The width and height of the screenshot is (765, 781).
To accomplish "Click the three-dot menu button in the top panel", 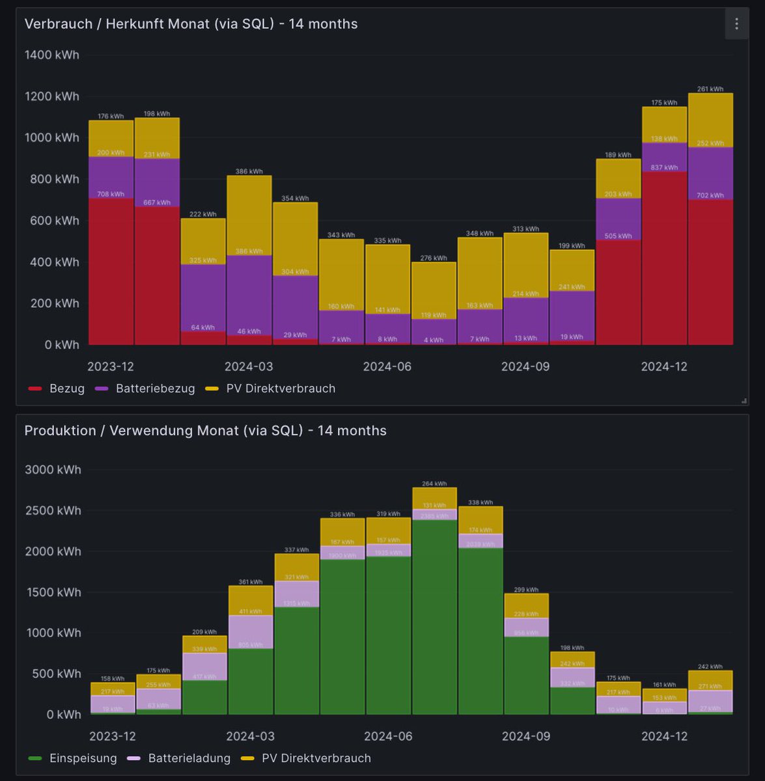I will point(736,24).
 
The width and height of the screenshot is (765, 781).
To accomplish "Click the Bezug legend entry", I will point(66,389).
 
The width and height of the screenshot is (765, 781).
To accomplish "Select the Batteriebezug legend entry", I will point(155,389).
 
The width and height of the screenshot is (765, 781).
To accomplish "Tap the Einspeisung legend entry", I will point(83,758).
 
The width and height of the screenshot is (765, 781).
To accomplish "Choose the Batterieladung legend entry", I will point(189,758).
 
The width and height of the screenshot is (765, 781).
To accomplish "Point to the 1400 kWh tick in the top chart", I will point(51,55).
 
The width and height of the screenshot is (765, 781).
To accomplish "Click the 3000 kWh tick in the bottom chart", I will point(53,469).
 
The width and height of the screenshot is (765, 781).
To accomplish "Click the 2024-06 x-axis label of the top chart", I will point(387,366).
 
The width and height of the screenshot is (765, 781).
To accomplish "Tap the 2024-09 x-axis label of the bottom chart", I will point(525,736).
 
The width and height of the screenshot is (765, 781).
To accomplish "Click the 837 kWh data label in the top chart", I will point(664,167).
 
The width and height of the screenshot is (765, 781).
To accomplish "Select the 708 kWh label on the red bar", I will point(111,194).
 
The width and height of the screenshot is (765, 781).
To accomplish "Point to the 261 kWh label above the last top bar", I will point(710,89).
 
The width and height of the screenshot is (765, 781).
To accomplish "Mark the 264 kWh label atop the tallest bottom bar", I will point(434,484).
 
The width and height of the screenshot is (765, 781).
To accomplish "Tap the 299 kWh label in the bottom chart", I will point(526,590).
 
